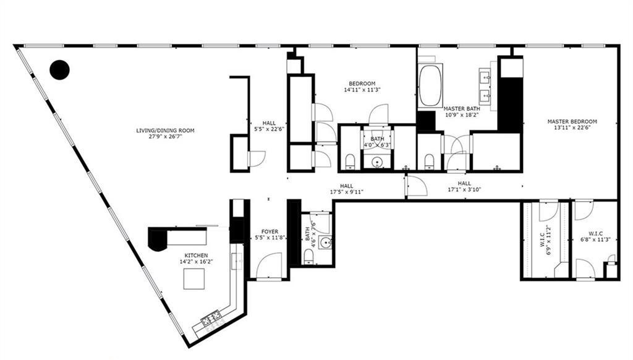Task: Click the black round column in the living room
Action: point(59,70)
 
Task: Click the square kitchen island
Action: point(193,279)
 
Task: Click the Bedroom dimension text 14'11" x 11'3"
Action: point(362,90)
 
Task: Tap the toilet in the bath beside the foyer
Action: point(310,256)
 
